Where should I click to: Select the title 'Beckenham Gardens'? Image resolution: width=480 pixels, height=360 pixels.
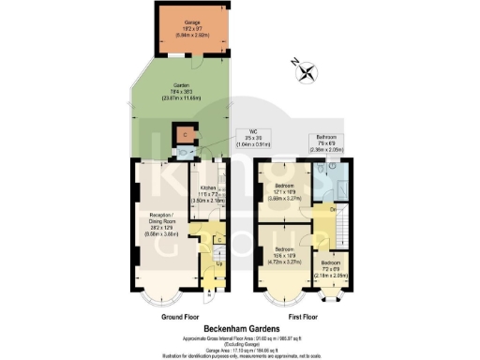(240, 330)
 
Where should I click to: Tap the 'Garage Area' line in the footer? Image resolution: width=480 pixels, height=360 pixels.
(240, 348)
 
